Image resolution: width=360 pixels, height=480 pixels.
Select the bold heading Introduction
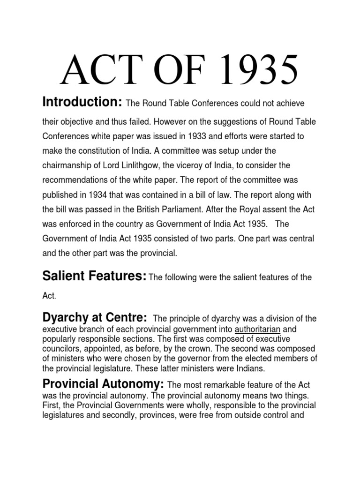pos(82,102)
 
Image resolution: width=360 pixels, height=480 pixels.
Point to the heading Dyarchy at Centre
pos(95,318)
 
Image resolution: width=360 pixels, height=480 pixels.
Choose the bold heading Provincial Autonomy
pos(103,384)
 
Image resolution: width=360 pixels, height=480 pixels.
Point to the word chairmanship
pos(68,165)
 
